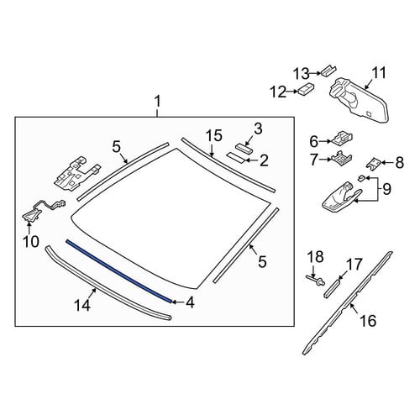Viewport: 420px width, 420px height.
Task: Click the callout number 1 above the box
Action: pos(158,102)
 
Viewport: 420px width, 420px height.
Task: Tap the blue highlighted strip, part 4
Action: pos(118,270)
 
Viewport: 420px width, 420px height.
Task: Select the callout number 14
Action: pos(82,305)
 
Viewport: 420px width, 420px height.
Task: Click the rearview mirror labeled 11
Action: pos(359,100)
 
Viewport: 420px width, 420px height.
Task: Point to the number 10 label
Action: pos(31,241)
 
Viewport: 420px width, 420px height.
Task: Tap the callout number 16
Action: pos(368,320)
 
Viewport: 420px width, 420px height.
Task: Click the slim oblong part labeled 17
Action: pos(333,288)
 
